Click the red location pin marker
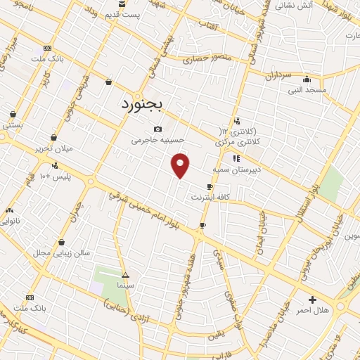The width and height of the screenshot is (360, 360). [181, 165]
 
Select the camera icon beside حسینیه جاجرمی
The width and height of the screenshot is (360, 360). [157, 129]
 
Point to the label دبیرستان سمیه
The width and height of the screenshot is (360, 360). [236, 169]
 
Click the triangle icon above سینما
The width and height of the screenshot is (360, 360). [125, 275]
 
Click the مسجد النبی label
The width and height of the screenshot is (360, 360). [306, 90]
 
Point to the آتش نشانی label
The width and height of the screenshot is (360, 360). [294, 5]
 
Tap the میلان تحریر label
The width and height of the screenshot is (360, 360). [54, 148]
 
